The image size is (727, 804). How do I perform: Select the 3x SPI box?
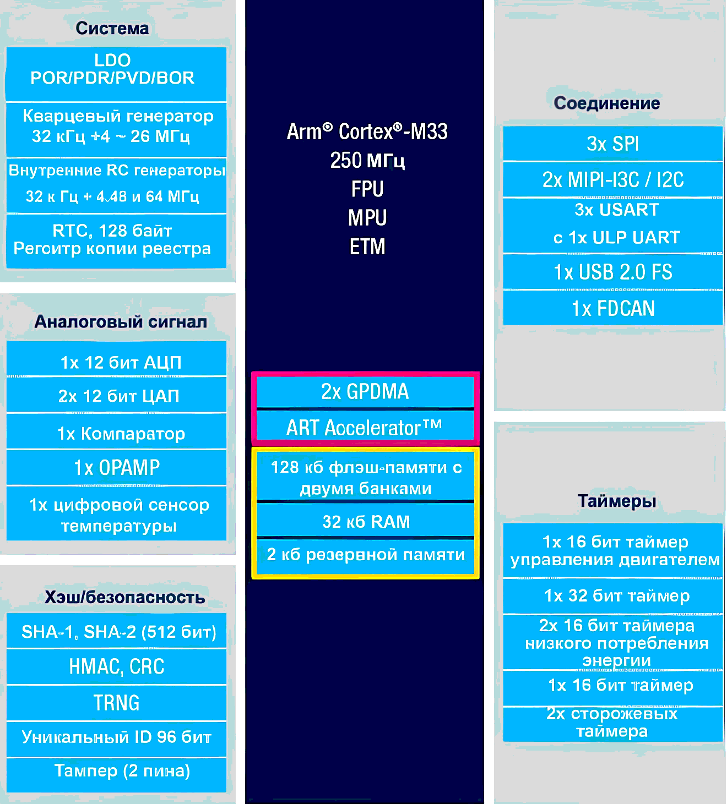(612, 144)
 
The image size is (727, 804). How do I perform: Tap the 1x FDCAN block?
(612, 308)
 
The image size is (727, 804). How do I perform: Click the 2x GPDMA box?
(365, 391)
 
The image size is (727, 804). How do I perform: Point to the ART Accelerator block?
(365, 427)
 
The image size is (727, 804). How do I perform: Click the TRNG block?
(116, 703)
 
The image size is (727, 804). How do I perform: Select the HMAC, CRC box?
(116, 666)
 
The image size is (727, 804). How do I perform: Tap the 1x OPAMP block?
(116, 467)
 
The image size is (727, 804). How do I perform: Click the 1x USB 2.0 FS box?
(612, 272)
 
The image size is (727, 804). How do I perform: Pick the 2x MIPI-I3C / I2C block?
(612, 179)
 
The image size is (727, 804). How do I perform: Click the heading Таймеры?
(616, 501)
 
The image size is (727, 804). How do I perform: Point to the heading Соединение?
(606, 103)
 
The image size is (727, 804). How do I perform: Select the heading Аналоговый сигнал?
(121, 321)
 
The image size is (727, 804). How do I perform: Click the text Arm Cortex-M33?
(367, 132)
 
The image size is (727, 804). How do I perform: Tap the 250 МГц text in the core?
(367, 160)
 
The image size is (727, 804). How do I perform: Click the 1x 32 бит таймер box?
(616, 595)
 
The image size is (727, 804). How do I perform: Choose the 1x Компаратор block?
(121, 433)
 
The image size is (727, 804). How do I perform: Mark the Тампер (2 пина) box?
(122, 770)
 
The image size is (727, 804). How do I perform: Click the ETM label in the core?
(367, 246)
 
